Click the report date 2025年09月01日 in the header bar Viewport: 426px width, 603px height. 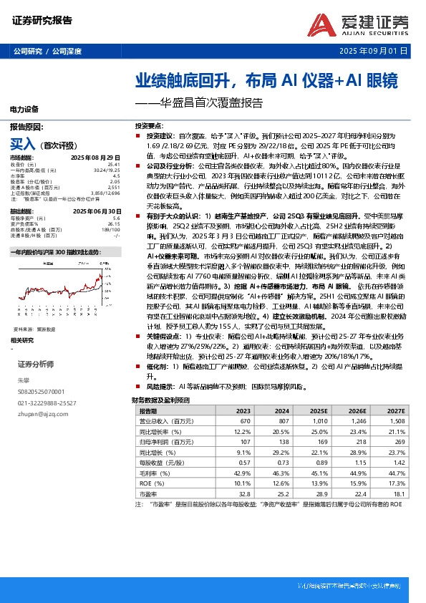[373, 52]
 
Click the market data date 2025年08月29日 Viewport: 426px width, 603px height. [102, 157]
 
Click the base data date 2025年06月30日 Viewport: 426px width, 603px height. [102, 211]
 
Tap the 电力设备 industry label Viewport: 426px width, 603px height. [24, 109]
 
